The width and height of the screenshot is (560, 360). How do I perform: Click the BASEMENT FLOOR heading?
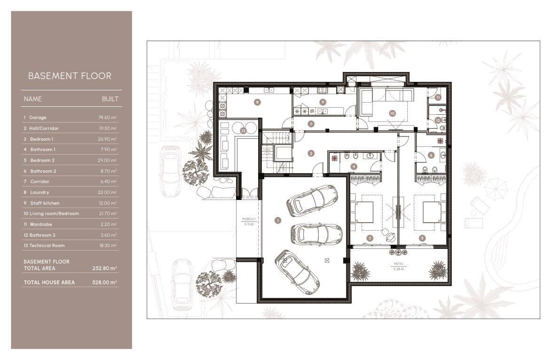pyautogui.click(x=70, y=76)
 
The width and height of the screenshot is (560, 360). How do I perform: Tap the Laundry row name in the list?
pyautogui.click(x=39, y=192)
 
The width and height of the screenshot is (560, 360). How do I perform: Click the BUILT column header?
pyautogui.click(x=110, y=99)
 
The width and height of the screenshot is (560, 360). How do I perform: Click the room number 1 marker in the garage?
pyautogui.click(x=277, y=220)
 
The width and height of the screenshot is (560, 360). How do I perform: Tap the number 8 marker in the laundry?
pyautogui.click(x=257, y=102)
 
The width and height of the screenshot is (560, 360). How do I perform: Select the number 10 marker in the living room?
pyautogui.click(x=392, y=113)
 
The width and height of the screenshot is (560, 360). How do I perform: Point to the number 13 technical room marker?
pyautogui.click(x=243, y=130)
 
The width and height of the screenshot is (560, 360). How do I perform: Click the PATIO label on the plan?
pyautogui.click(x=399, y=264)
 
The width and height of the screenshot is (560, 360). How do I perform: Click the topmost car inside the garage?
pyautogui.click(x=312, y=200)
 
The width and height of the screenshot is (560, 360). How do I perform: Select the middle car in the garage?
pyautogui.click(x=316, y=234)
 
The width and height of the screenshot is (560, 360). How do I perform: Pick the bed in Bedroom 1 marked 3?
pyautogui.click(x=363, y=212)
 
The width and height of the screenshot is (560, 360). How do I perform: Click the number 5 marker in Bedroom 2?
pyautogui.click(x=422, y=238)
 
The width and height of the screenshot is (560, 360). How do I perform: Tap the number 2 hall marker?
pyautogui.click(x=311, y=153)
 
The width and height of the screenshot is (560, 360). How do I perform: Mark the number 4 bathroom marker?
pyautogui.click(x=354, y=166)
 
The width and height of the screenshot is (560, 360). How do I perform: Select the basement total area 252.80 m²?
pyautogui.click(x=104, y=268)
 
